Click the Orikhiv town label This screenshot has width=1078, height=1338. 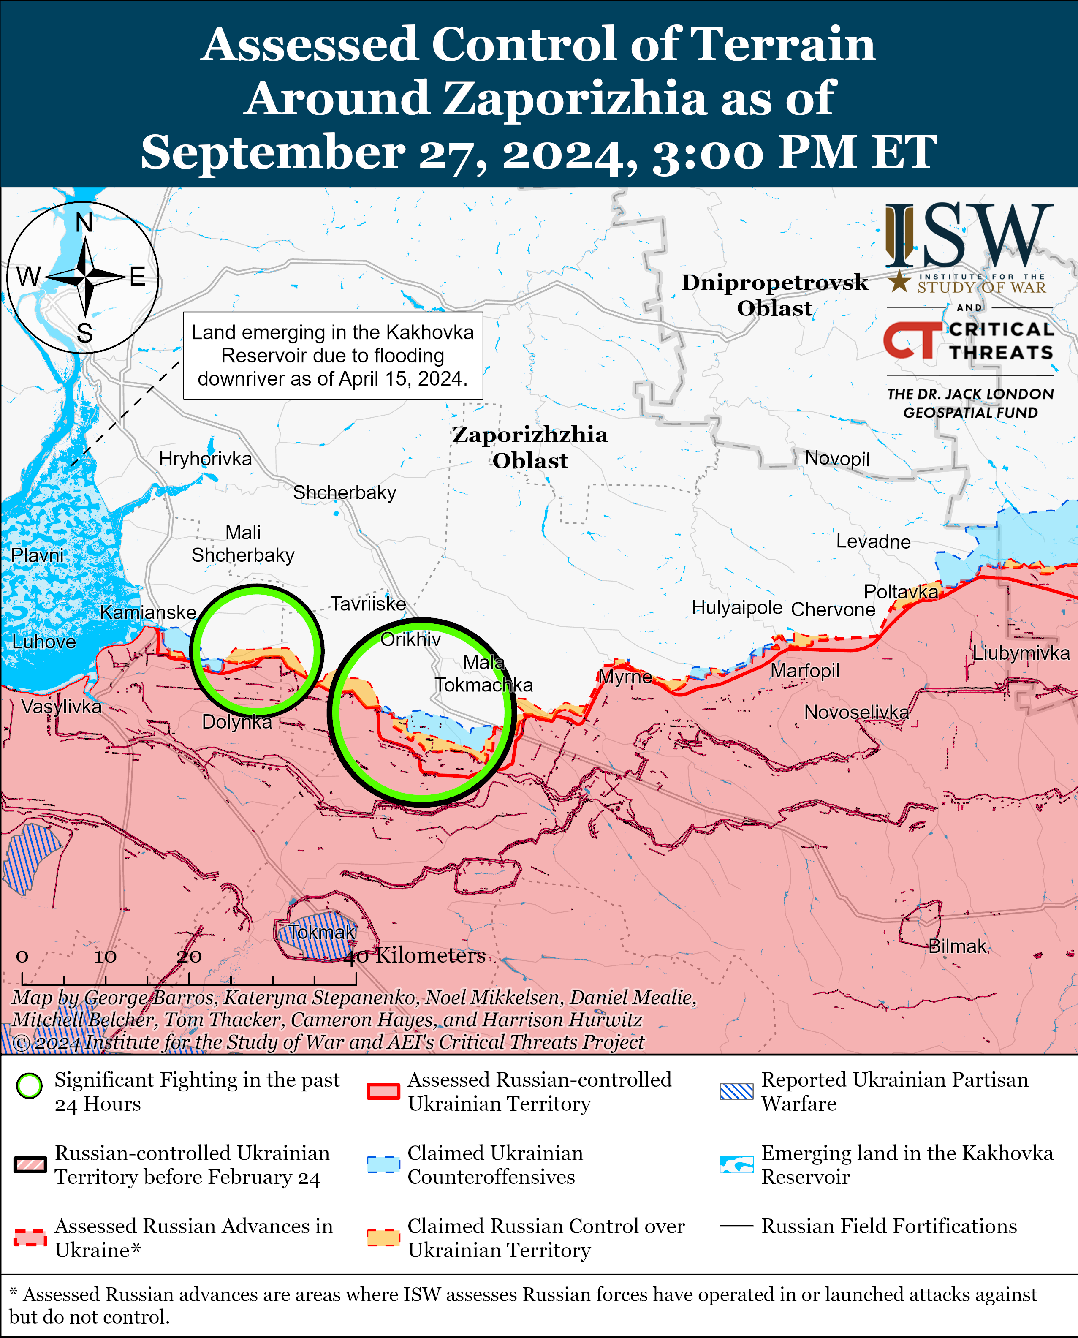pos(410,639)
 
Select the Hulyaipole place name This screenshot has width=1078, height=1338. pos(737,607)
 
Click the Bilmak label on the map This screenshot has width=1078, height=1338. pos(957,946)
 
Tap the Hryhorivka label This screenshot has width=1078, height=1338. pos(206,459)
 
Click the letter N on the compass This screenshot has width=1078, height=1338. pos(84,223)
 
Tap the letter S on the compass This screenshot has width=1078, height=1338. pos(84,334)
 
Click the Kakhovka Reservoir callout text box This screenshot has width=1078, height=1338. pos(333,355)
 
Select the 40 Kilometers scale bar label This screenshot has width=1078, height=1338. pos(415,955)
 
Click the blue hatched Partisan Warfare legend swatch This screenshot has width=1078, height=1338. pos(736,1091)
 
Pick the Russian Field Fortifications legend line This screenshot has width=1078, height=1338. pos(736,1226)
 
